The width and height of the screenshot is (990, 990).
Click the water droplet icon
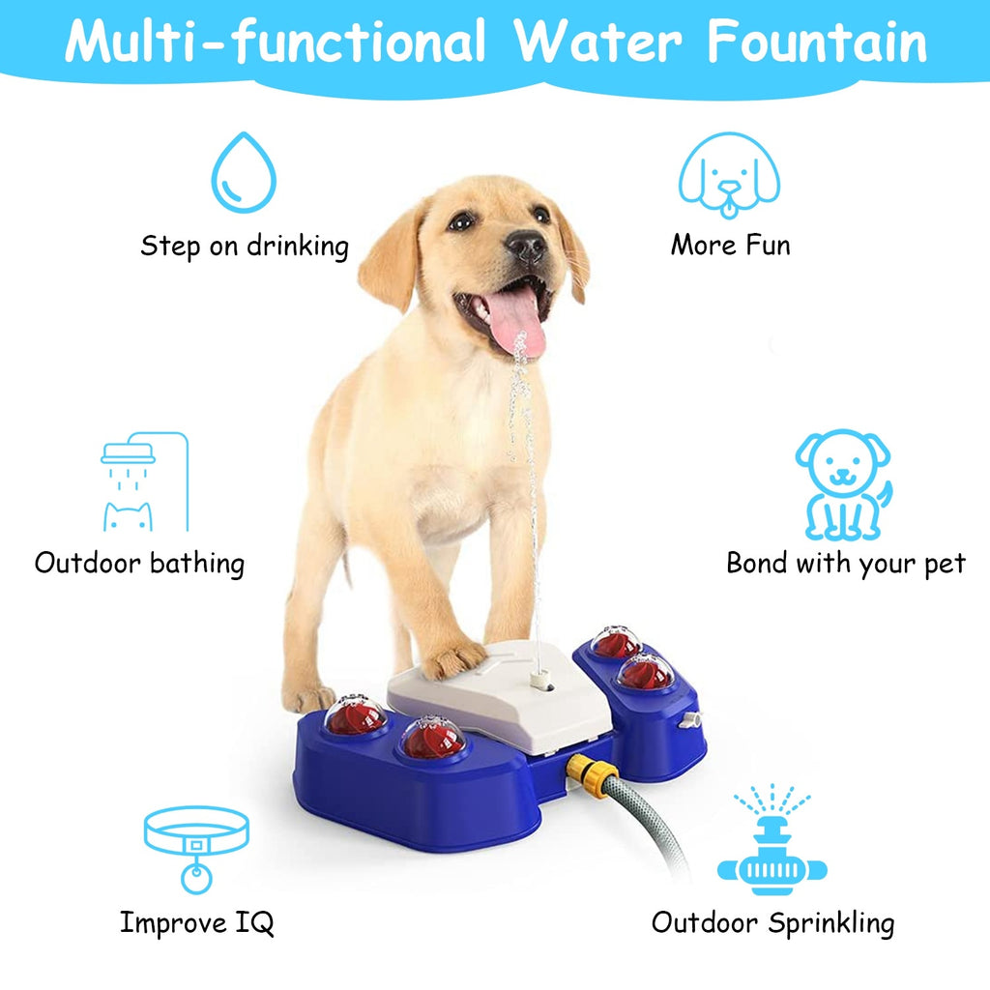[x=244, y=174]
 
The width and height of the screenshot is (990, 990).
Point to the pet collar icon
[x=196, y=847]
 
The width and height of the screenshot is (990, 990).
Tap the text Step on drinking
[x=245, y=246]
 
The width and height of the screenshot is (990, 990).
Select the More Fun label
[x=730, y=245]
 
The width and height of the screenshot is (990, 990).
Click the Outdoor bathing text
[x=140, y=563]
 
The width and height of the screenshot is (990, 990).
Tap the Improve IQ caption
[x=196, y=922]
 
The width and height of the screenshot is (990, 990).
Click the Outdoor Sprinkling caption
[x=772, y=922]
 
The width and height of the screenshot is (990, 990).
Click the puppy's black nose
[x=527, y=247]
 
